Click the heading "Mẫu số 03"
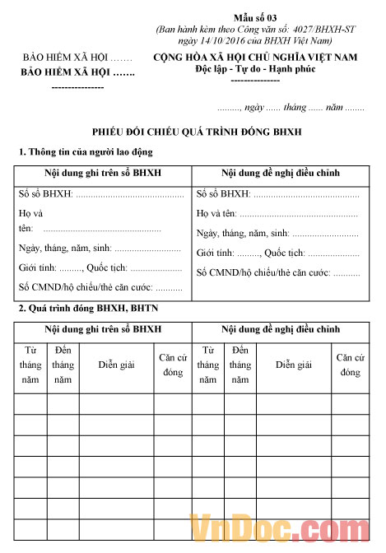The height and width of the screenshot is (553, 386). (x=261, y=17)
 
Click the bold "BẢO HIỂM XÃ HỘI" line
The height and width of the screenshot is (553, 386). (x=78, y=72)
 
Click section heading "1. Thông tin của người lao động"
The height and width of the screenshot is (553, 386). (x=86, y=152)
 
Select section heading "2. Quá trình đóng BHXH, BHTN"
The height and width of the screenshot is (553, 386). (x=89, y=309)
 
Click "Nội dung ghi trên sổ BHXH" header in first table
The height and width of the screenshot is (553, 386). (x=103, y=173)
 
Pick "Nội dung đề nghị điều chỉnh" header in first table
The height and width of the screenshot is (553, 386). (x=281, y=173)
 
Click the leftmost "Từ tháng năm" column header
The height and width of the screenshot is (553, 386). (x=30, y=365)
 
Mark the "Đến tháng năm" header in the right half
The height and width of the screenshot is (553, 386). (x=240, y=365)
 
